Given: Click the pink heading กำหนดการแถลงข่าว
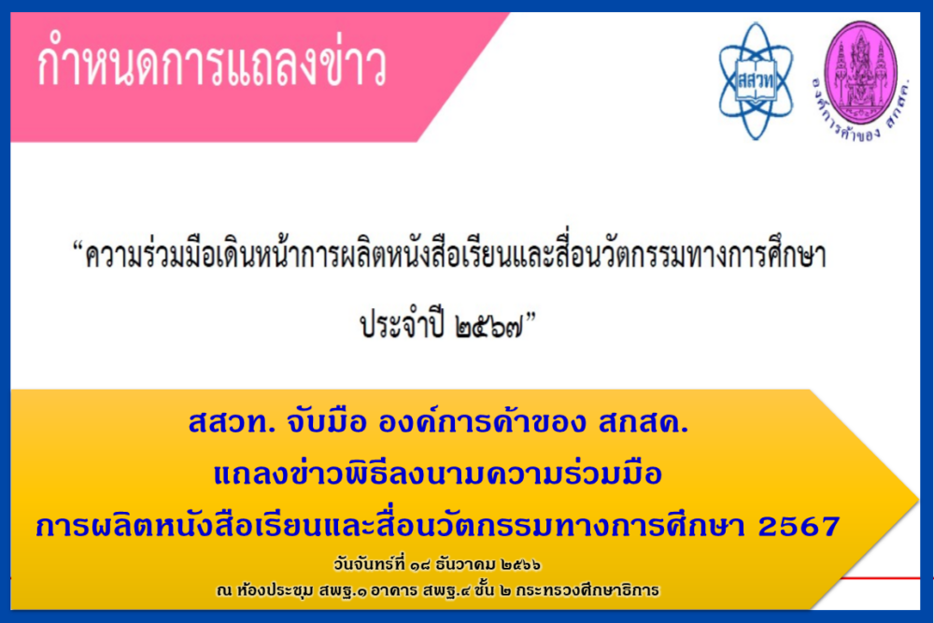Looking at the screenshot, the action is (211, 65).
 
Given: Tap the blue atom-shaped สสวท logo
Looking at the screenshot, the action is (756, 81).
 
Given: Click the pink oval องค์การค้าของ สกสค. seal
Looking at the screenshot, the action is (861, 81).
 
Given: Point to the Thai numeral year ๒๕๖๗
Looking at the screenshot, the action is (488, 326).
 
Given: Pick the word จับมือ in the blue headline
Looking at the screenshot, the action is (326, 421).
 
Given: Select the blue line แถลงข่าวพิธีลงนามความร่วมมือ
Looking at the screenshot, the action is (438, 474).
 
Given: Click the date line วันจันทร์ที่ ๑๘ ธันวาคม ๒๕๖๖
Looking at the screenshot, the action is (437, 563).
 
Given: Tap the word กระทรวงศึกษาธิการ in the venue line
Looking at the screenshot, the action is (587, 590).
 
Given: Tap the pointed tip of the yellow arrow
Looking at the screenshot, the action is (917, 499).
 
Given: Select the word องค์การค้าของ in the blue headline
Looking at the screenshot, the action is (482, 421).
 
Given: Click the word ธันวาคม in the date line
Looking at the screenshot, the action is (465, 563).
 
